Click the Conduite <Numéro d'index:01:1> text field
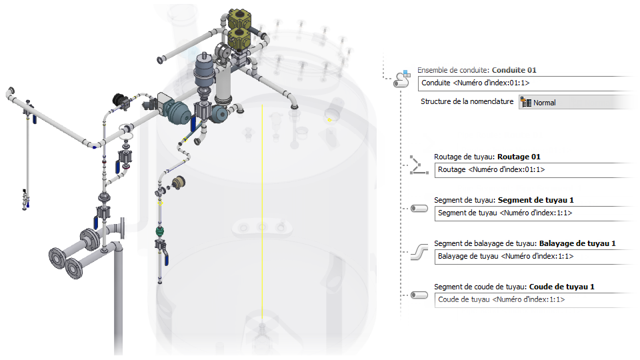point(520,83)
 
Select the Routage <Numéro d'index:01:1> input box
point(533,170)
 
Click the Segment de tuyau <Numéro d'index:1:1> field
point(533,213)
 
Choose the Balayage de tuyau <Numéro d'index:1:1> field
point(533,256)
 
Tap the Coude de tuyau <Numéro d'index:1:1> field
point(533,299)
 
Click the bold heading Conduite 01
point(514,70)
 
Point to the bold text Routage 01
point(519,157)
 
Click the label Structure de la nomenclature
point(467,102)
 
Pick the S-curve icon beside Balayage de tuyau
point(419,251)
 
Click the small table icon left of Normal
point(526,103)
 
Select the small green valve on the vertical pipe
point(159,231)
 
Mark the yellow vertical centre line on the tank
point(263,200)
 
